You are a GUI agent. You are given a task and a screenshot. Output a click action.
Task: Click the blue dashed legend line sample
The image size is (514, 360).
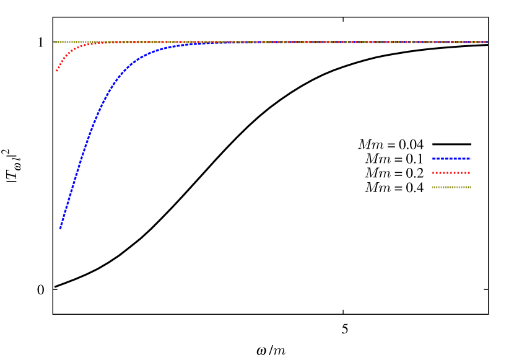coord(451,159)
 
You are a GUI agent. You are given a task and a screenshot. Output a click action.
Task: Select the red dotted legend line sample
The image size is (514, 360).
coord(451,173)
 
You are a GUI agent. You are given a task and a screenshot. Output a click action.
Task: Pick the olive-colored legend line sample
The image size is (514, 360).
coord(451,187)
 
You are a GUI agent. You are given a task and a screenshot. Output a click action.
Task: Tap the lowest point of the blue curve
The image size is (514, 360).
coord(60,229)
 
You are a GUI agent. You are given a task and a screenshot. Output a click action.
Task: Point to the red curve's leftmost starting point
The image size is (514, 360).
coord(56,71)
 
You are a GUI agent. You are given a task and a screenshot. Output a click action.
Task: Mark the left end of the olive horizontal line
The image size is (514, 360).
coord(56,42)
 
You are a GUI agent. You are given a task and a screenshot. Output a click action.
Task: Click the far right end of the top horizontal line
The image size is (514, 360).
coord(487,42)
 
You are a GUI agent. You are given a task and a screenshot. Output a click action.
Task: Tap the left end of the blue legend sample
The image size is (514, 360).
coord(433,159)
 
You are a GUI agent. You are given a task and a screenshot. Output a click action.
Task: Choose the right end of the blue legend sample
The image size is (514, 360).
coord(470,159)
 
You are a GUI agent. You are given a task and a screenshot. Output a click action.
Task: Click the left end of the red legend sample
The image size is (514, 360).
coord(433,173)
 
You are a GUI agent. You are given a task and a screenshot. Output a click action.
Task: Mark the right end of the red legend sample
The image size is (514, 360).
coord(469,173)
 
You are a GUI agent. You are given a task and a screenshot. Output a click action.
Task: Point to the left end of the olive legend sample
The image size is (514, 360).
coord(433,187)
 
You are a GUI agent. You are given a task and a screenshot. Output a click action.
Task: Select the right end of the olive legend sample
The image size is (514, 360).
coord(469,187)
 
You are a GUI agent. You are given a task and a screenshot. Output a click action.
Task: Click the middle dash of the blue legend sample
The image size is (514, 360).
coord(451,159)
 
